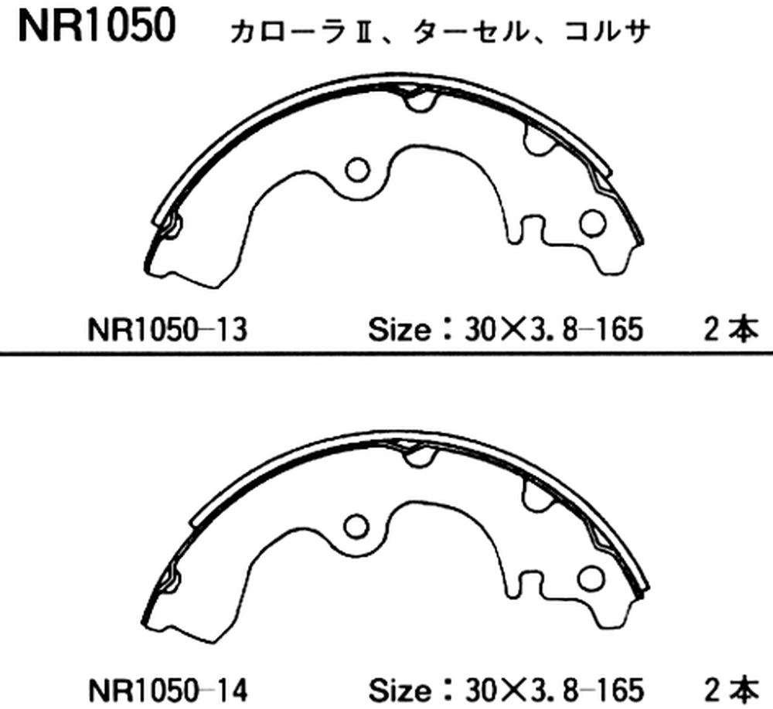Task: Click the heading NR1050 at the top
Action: (x=97, y=25)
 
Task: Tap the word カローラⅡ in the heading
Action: (x=301, y=32)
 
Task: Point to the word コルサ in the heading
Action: (x=606, y=32)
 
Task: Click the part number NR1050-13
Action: (x=167, y=329)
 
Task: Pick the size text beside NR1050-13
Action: (x=506, y=329)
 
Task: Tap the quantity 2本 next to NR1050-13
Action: (x=731, y=329)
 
